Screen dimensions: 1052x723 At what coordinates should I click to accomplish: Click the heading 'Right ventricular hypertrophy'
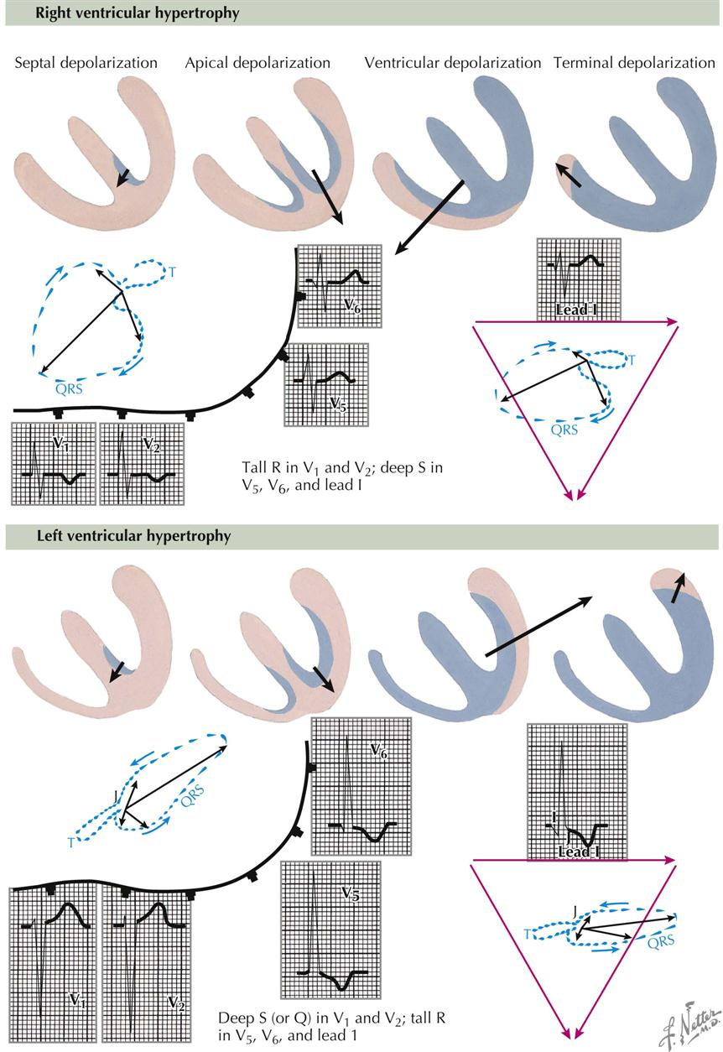pyautogui.click(x=126, y=13)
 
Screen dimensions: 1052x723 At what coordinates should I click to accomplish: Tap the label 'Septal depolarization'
pyautogui.click(x=86, y=63)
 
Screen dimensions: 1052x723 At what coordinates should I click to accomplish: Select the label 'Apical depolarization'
pyautogui.click(x=257, y=63)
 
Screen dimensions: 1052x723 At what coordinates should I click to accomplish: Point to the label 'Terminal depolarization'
pyautogui.click(x=634, y=63)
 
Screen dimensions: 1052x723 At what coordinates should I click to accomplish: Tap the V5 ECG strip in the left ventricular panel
pyautogui.click(x=330, y=929)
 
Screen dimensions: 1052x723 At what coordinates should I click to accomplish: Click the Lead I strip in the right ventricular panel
pyautogui.click(x=579, y=279)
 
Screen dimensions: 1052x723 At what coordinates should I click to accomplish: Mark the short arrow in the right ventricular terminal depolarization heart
pyautogui.click(x=570, y=174)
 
